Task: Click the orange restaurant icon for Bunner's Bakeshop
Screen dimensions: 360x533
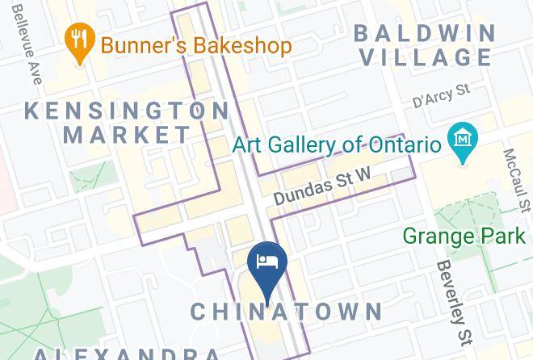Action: (x=78, y=45)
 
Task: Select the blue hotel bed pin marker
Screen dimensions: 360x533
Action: (x=266, y=263)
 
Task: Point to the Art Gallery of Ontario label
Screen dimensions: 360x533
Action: (x=337, y=145)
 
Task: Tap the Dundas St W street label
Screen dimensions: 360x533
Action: (x=321, y=186)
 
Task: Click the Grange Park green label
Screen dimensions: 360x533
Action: (x=464, y=237)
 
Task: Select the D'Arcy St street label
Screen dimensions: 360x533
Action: (x=441, y=97)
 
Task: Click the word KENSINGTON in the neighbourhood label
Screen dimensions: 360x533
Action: (x=128, y=111)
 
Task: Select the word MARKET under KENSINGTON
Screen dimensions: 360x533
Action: (x=128, y=135)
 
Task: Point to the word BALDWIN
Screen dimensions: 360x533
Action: (x=425, y=33)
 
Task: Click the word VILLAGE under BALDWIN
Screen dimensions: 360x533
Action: (x=425, y=57)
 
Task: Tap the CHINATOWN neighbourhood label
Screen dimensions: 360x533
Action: (x=286, y=312)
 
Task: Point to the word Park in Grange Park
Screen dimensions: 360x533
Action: (x=500, y=237)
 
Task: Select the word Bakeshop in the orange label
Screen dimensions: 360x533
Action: (x=241, y=45)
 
